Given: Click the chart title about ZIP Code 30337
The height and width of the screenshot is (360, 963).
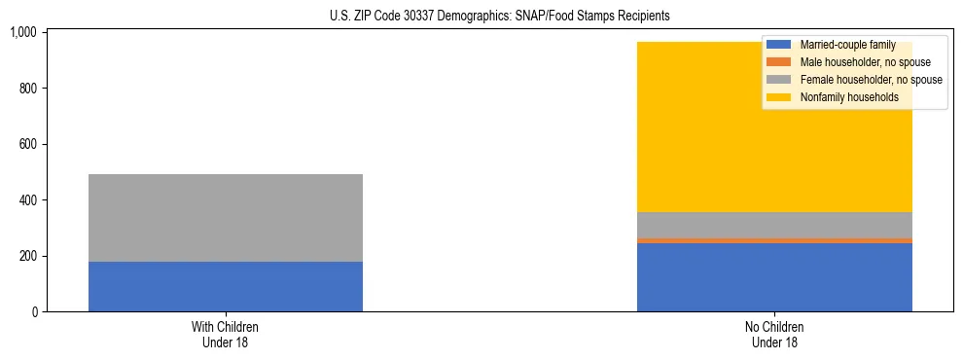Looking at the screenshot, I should pos(485,17).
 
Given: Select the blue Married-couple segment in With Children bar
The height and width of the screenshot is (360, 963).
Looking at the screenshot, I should pos(226,286).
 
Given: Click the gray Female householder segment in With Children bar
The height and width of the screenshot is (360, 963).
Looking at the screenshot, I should pos(226,218).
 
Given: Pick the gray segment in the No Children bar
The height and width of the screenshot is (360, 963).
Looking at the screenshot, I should pos(774,225).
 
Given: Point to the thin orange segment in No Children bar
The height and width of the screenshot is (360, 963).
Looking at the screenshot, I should pos(774,240).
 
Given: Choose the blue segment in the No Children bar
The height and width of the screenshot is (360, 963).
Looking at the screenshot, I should pos(774,277).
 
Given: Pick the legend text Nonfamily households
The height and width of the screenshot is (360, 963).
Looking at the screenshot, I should pos(849,97).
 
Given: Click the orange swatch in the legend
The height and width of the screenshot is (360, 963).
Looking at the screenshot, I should pos(779,62).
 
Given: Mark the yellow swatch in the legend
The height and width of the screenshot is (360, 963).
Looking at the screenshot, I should pos(779,97).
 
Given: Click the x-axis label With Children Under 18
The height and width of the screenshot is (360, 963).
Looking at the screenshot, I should pos(226,335).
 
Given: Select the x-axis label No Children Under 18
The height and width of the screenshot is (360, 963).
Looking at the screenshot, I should pos(774,335).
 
